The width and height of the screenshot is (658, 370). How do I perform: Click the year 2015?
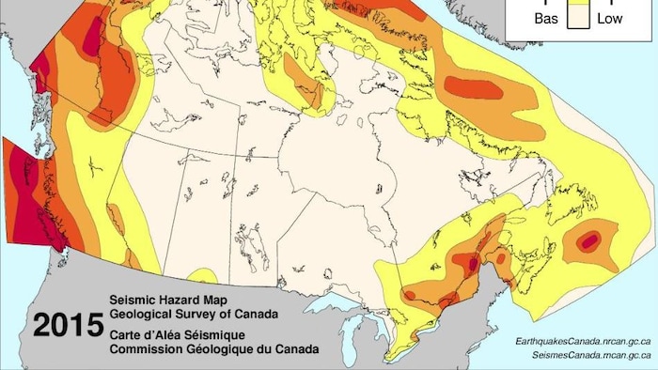[69, 326]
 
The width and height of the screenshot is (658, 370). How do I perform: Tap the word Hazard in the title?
[181, 293]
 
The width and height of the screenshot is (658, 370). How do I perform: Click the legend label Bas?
[545, 18]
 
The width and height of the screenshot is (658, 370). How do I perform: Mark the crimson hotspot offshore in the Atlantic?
[588, 241]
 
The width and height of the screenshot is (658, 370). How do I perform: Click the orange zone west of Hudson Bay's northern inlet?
[307, 80]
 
